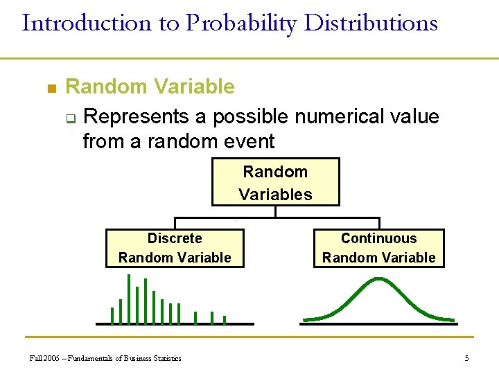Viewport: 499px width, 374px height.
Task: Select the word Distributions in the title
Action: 371,23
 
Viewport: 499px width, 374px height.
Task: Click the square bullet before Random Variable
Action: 50,89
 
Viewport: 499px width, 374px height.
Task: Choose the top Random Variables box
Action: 275,182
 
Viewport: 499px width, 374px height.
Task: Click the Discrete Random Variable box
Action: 175,248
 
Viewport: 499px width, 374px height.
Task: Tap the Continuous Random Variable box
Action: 378,248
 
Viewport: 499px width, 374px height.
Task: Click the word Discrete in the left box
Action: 175,238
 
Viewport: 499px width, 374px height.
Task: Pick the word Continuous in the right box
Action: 378,238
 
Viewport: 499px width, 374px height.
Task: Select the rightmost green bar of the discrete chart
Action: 225,319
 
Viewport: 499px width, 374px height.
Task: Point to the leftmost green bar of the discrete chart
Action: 112,315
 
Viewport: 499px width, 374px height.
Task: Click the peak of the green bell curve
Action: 378,279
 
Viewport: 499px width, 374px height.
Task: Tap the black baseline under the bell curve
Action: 378,323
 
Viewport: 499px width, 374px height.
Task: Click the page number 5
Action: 466,358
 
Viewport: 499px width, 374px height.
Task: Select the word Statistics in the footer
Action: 166,358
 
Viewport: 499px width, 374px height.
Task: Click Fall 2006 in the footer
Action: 44,358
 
